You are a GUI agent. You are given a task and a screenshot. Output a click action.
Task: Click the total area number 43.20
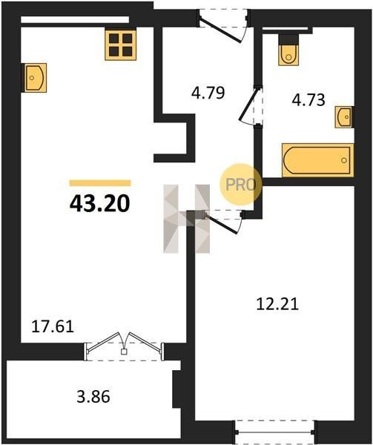pos(99,203)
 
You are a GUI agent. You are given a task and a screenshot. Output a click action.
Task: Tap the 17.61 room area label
pos(53,326)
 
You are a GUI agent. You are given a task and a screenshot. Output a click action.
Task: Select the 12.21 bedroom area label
pos(277,304)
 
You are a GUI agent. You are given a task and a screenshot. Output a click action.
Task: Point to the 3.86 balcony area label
pos(93,397)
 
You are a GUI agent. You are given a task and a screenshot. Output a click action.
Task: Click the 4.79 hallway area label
pos(208,93)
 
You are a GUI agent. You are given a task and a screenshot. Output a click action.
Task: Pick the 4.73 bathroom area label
pos(308,100)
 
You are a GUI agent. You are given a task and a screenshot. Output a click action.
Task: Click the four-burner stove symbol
pos(121,44)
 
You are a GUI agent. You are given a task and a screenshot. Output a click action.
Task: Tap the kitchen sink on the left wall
pos(35,78)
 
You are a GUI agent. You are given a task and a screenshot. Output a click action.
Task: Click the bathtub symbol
pos(317,160)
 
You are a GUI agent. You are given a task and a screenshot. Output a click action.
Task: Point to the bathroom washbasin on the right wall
pos(344,116)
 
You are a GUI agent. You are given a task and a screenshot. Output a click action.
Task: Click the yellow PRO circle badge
pos(240,185)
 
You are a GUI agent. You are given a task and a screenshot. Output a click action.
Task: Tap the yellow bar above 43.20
pos(100,183)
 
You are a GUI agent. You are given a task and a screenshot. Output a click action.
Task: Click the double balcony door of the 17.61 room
pos(123,346)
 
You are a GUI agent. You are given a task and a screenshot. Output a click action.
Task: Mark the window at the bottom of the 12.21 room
pos(274,432)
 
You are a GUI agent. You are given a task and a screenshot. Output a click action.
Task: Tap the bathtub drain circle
pos(344,160)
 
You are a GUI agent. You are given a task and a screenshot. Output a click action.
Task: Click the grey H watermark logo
pos(187,219)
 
